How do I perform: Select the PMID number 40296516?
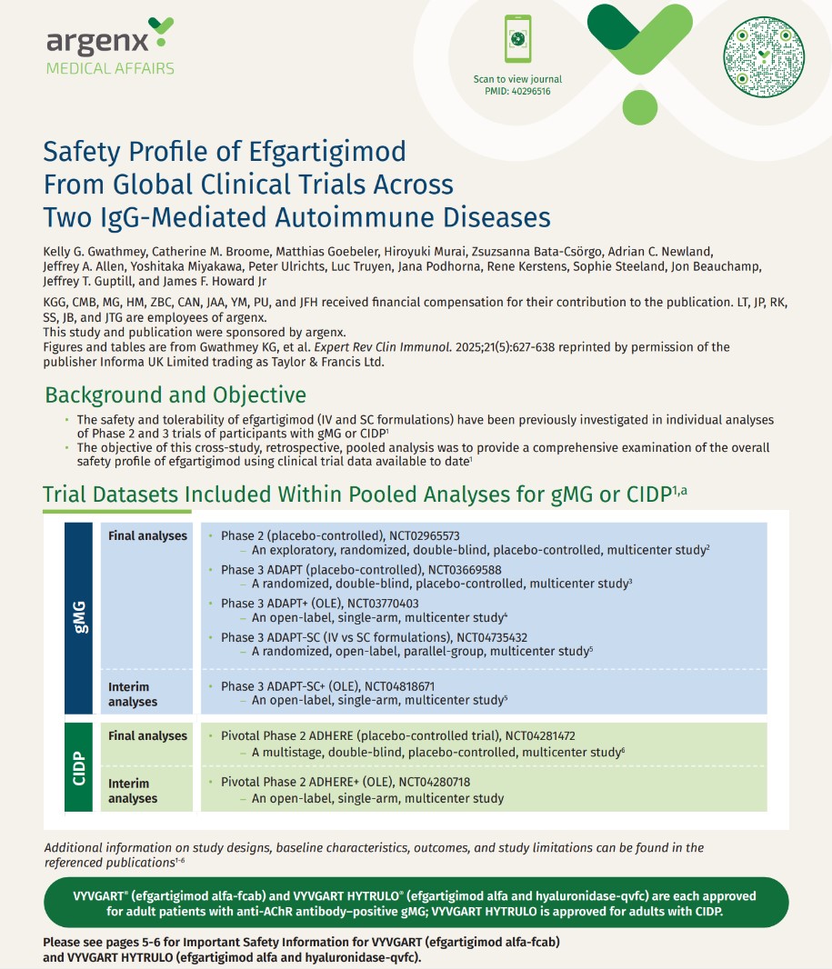click(x=531, y=91)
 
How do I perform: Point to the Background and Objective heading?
click(x=175, y=395)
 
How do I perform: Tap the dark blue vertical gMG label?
click(x=80, y=618)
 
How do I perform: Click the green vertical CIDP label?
click(x=80, y=765)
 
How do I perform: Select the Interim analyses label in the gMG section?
click(x=133, y=694)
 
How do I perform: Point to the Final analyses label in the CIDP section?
click(x=147, y=736)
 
